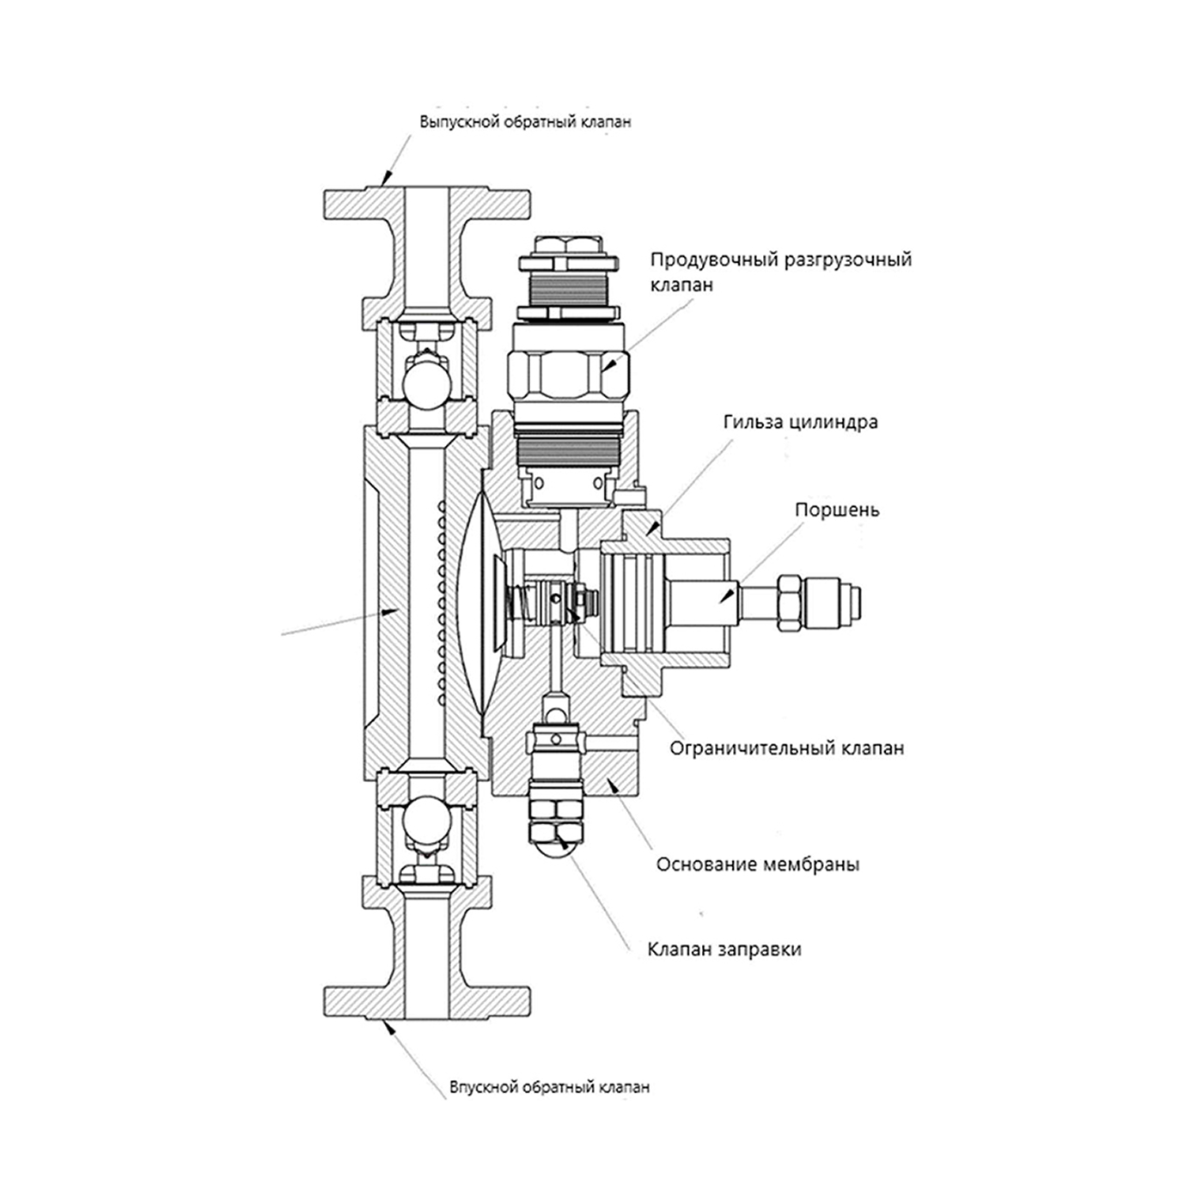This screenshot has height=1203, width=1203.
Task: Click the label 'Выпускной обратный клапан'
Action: (525, 122)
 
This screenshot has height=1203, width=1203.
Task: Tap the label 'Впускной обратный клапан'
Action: (549, 1087)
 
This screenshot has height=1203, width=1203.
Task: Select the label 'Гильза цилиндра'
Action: (800, 423)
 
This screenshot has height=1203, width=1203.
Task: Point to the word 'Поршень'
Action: (837, 510)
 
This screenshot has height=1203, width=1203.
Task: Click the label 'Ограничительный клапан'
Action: (786, 748)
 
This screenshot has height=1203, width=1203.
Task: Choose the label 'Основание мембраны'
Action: (758, 864)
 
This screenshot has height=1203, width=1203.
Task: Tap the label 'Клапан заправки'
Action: (724, 950)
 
